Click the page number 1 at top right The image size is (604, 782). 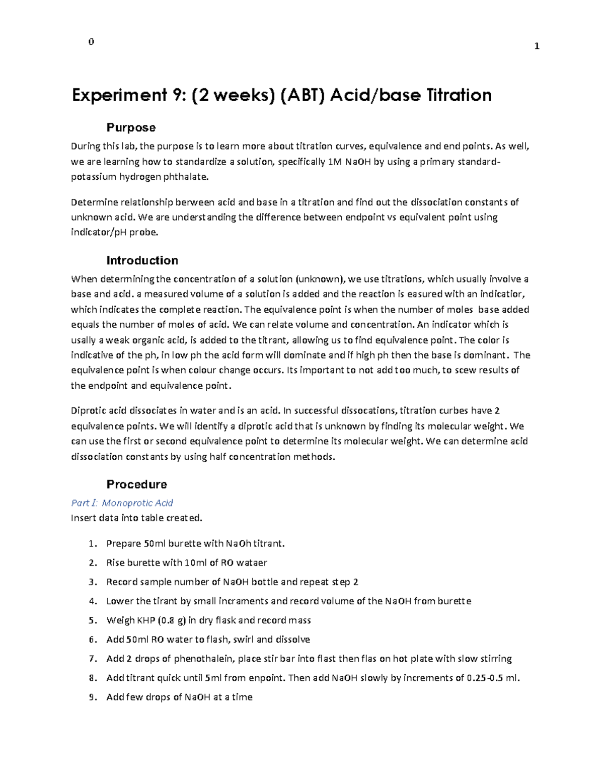pos(537,46)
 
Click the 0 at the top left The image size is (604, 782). pos(91,42)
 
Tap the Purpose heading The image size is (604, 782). pos(131,127)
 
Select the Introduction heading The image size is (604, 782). pos(142,260)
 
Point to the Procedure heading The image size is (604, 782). pos(136,484)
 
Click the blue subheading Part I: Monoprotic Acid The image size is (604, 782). pos(122,503)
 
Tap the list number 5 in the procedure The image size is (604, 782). pos(92,620)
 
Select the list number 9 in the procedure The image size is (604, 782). pos(92,697)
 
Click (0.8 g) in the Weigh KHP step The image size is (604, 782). pos(172,620)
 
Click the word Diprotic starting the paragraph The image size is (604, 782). pos(88,410)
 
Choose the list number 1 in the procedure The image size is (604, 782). pos(92,544)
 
